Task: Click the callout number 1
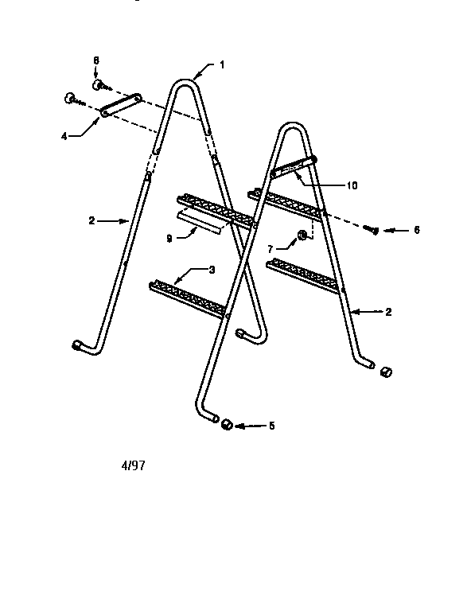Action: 222,64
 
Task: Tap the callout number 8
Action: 96,60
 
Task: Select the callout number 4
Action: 64,136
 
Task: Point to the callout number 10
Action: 352,185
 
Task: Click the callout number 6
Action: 417,230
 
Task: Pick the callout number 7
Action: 271,248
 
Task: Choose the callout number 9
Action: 169,239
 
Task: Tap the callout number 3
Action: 212,270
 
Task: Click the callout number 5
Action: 271,426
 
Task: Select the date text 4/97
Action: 133,465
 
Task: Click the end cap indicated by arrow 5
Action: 227,424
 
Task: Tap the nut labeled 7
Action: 302,235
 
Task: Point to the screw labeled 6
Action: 371,229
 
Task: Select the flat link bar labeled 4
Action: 121,104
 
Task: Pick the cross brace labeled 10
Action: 294,166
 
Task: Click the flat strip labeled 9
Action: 200,224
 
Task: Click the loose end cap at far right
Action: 386,372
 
